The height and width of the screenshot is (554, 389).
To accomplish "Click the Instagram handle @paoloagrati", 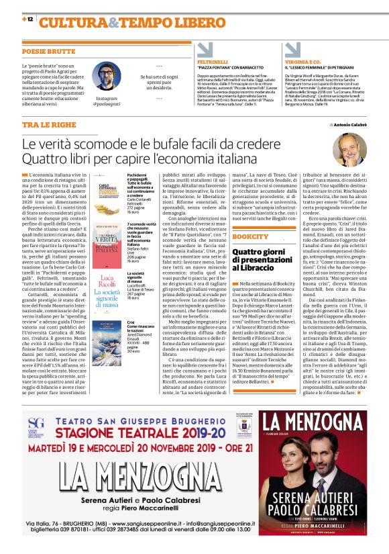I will [107, 104].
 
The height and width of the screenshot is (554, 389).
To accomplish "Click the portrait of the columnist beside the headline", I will [349, 150].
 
